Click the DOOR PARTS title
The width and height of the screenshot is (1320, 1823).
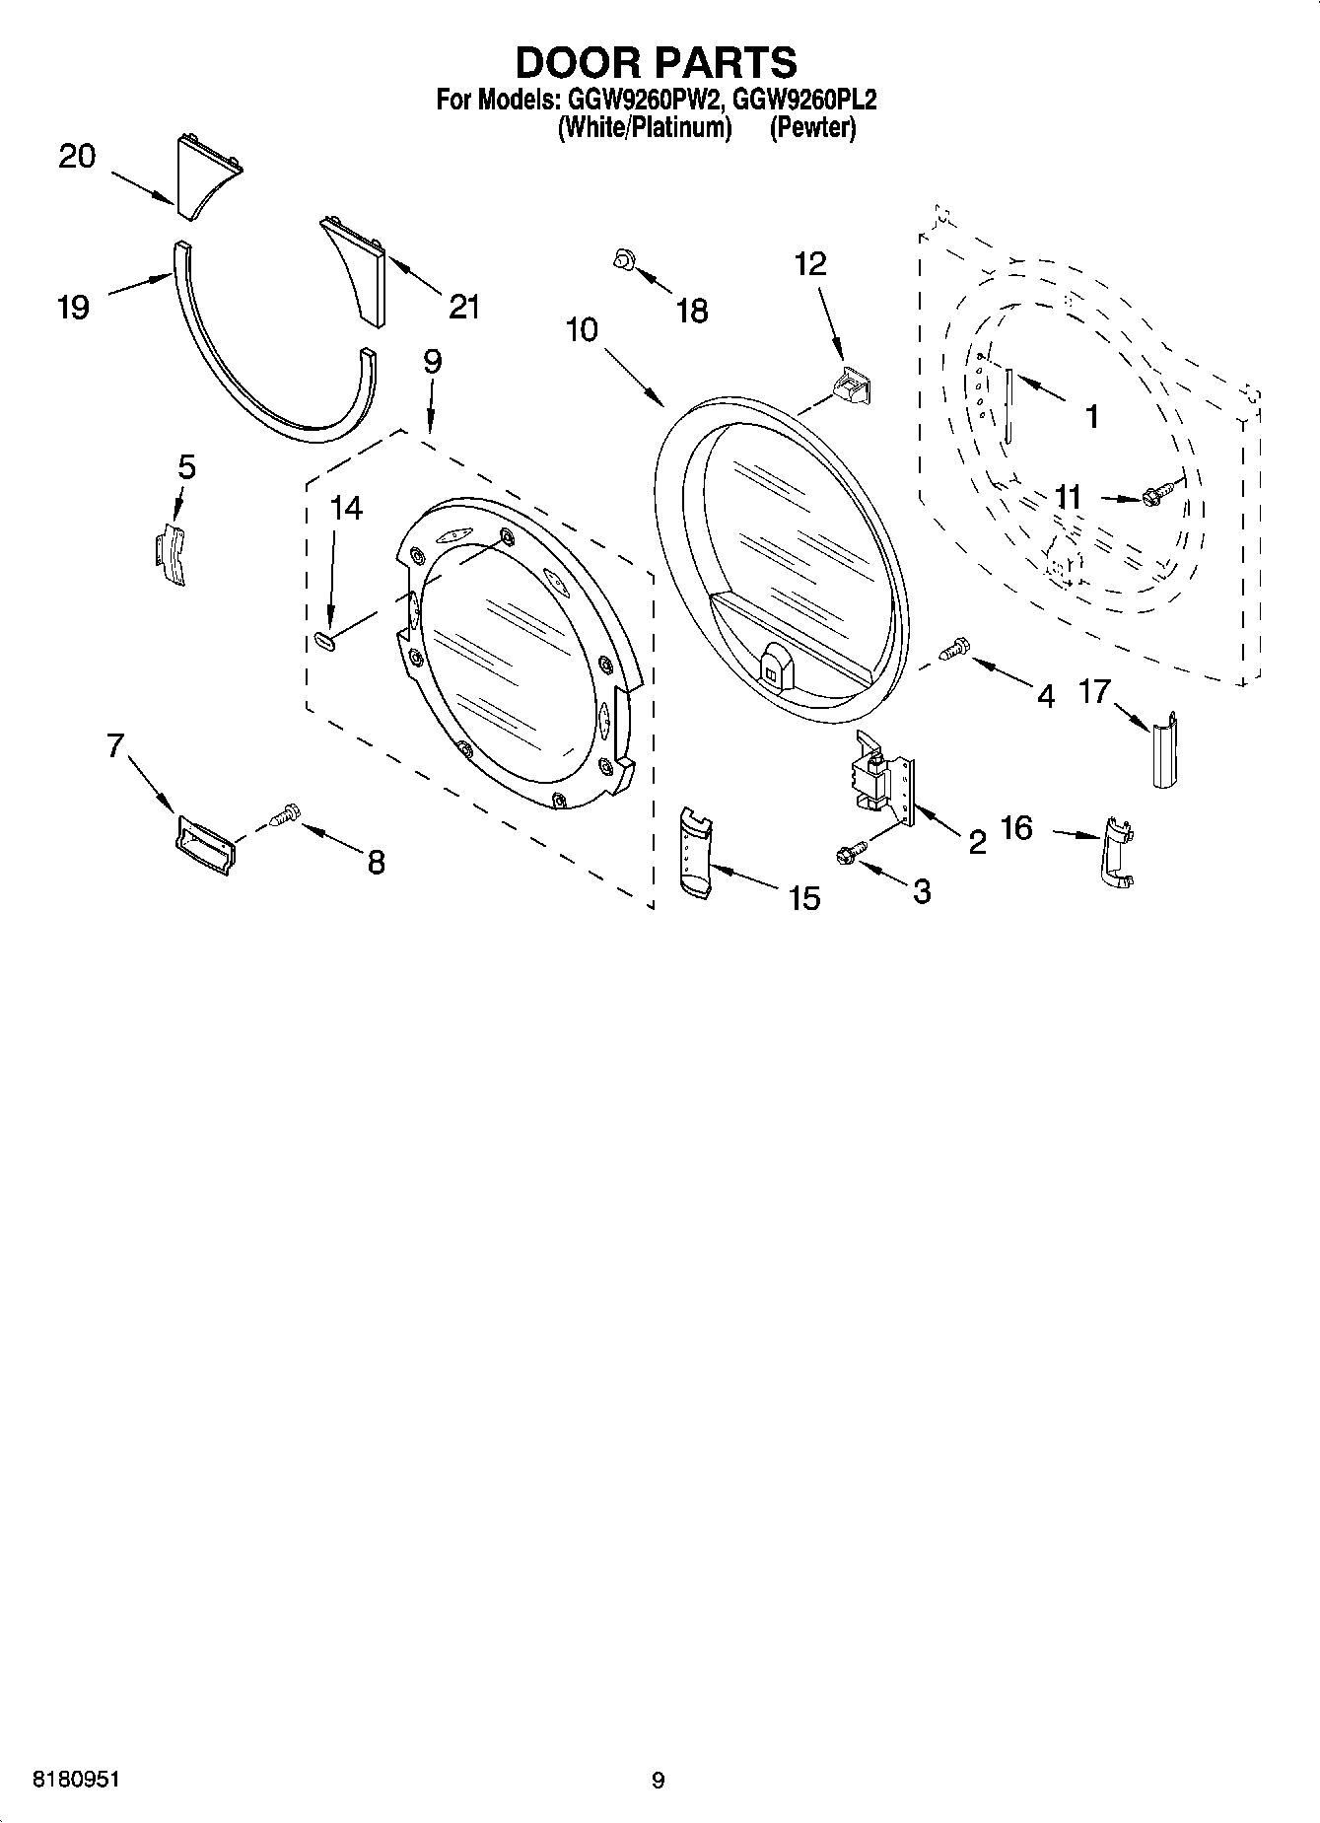tap(656, 62)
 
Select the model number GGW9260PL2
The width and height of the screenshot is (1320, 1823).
tap(804, 100)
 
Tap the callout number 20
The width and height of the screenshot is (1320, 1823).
tap(77, 156)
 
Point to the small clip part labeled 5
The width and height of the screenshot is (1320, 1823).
tap(171, 555)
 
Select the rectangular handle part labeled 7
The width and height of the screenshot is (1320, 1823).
tap(204, 844)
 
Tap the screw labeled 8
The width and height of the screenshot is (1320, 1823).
tap(285, 815)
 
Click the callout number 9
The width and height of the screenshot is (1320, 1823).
tap(432, 361)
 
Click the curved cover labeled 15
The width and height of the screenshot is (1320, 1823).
tap(698, 852)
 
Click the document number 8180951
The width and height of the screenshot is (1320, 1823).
tap(77, 1781)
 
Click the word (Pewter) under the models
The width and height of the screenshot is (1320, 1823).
tap(812, 127)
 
